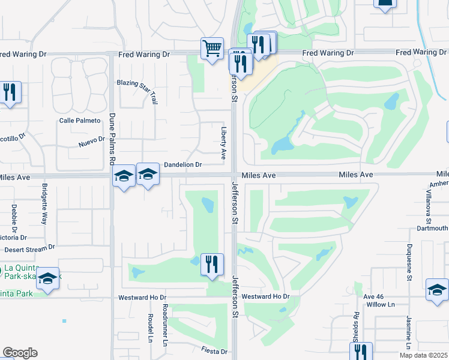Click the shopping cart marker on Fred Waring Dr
click(x=212, y=49)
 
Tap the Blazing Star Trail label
click(x=137, y=83)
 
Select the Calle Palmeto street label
click(x=79, y=121)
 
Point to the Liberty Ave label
click(x=223, y=142)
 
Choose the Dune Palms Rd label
click(x=112, y=140)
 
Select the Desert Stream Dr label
click(x=29, y=247)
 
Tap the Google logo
click(x=20, y=353)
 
